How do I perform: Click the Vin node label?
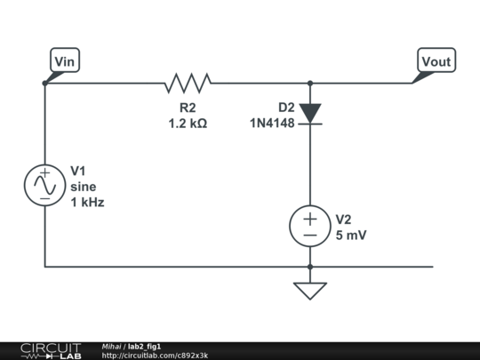click(x=65, y=60)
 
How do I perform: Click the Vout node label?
click(x=436, y=60)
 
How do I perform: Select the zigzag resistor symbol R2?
click(x=188, y=84)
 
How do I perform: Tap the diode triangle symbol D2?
click(x=310, y=113)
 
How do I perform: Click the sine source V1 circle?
click(x=44, y=185)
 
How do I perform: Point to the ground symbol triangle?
click(x=310, y=290)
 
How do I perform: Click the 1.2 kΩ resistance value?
click(x=188, y=124)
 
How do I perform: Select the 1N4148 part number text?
click(x=272, y=124)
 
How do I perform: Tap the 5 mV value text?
click(x=351, y=236)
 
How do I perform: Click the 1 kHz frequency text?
click(x=87, y=203)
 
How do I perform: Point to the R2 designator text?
click(x=188, y=108)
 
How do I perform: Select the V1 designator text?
click(x=79, y=171)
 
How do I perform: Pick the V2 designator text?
click(x=344, y=220)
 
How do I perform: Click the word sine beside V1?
click(x=83, y=187)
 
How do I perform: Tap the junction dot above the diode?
click(x=310, y=84)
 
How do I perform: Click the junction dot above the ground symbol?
click(x=310, y=266)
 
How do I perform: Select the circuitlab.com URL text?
click(x=155, y=356)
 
